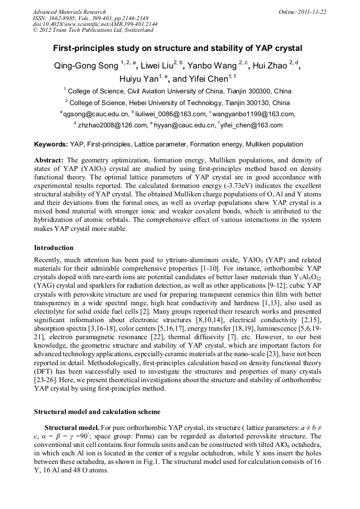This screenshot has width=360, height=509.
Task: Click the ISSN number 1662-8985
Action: (70, 18)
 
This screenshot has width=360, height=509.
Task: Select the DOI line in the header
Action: (95, 24)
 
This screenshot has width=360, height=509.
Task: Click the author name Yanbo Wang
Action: (212, 66)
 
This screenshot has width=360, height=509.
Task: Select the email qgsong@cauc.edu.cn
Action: (96, 114)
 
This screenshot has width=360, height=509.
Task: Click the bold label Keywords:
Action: (51, 144)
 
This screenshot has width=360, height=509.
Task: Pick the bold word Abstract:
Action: (49, 160)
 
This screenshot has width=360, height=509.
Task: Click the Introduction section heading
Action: (54, 248)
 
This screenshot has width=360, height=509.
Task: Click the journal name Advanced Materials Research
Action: (69, 12)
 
